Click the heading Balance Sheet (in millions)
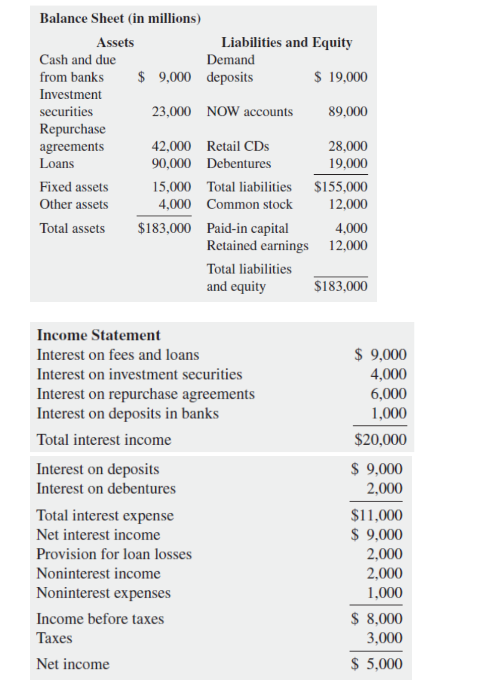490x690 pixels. [120, 19]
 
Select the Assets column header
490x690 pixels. [115, 42]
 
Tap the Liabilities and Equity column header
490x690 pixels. [286, 42]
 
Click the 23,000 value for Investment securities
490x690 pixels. [171, 111]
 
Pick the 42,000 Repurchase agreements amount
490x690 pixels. [171, 146]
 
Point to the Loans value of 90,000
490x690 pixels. [171, 164]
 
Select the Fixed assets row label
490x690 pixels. [74, 187]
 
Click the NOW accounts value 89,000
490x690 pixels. [347, 111]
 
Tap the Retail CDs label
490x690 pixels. [237, 146]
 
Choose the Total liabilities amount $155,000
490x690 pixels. [340, 187]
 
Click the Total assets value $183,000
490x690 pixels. [164, 228]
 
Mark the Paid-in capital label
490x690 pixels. [247, 228]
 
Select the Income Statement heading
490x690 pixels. [98, 335]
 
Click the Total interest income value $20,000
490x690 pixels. [380, 440]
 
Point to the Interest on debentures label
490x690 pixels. [106, 489]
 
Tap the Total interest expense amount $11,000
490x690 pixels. [377, 515]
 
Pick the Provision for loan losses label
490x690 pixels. [114, 554]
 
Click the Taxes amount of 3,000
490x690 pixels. [384, 638]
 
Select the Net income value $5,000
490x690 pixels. [377, 664]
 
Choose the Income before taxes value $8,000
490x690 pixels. [377, 618]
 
